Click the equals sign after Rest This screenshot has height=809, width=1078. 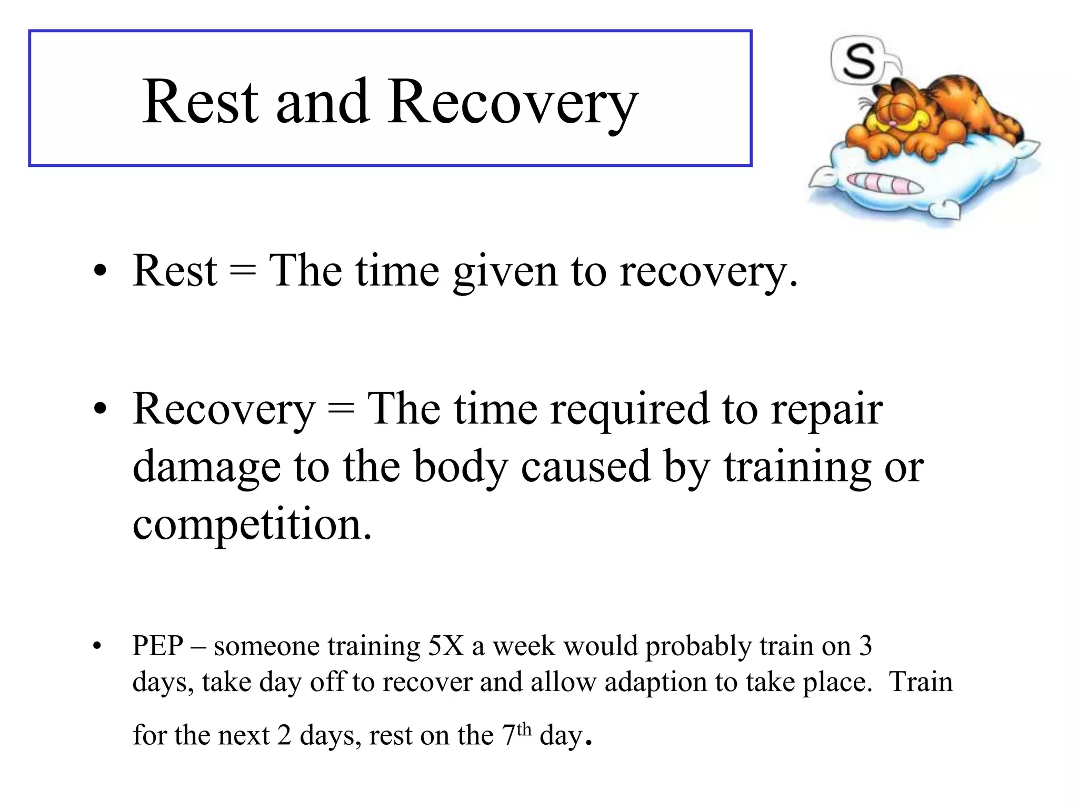[243, 272]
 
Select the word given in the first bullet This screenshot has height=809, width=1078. [505, 272]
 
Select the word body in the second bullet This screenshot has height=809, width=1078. [461, 467]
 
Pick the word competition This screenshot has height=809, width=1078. [252, 525]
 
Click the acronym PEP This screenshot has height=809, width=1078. [158, 646]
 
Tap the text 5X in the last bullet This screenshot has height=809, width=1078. [446, 646]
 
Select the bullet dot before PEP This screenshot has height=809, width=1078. [96, 647]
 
